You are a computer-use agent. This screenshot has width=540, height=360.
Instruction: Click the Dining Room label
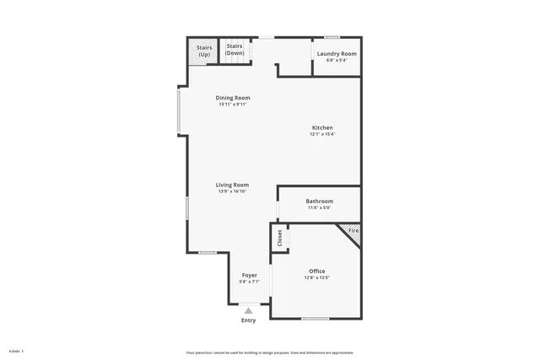click(234, 98)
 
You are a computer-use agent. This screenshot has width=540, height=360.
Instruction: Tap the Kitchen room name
click(321, 128)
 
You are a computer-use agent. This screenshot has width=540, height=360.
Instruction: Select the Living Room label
click(232, 185)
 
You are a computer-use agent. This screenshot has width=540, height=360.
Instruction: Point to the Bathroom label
click(319, 201)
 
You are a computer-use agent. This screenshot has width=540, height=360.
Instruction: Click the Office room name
click(316, 271)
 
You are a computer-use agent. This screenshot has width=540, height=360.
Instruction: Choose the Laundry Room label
click(336, 54)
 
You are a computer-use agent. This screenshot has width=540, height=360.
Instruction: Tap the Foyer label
click(250, 276)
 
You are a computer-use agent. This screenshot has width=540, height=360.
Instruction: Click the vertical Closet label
click(280, 239)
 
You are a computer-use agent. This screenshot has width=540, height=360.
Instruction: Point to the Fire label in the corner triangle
click(353, 230)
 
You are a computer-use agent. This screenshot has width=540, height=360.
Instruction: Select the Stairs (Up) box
click(204, 51)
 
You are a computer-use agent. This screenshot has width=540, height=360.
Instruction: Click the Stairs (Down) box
click(235, 50)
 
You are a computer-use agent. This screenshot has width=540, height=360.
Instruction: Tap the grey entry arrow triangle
click(248, 310)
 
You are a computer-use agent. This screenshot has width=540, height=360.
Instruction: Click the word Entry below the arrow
click(248, 320)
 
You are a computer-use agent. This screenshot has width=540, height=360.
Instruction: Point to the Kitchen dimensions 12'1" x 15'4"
click(321, 134)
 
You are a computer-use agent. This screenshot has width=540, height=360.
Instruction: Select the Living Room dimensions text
click(232, 191)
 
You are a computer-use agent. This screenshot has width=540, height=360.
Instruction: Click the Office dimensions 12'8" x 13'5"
click(316, 277)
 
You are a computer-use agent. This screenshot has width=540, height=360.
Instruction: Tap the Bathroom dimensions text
click(319, 207)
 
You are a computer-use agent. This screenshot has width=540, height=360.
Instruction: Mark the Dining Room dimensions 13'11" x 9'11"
click(234, 105)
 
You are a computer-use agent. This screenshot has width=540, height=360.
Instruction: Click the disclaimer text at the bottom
click(270, 352)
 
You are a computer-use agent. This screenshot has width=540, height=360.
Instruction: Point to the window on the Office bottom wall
click(315, 318)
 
